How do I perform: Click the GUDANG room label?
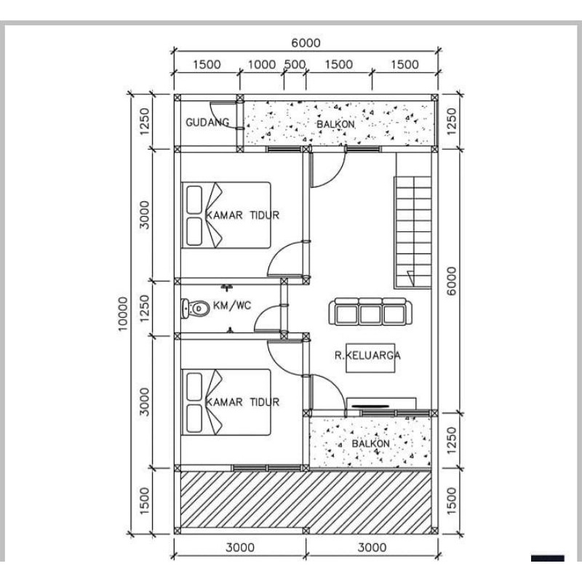pyautogui.click(x=207, y=122)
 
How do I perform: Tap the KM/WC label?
pyautogui.click(x=232, y=306)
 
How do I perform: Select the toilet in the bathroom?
pyautogui.click(x=196, y=308)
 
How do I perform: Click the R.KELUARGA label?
pyautogui.click(x=367, y=355)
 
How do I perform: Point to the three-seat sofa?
pyautogui.click(x=370, y=312)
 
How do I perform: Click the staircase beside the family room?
pyautogui.click(x=412, y=232)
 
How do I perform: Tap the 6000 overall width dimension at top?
pyautogui.click(x=306, y=43)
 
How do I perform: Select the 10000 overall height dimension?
pyautogui.click(x=122, y=314)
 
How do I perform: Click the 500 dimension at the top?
pyautogui.click(x=295, y=65)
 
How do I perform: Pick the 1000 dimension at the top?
pyautogui.click(x=262, y=65)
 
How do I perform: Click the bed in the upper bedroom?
pyautogui.click(x=226, y=215)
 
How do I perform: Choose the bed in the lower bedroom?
pyautogui.click(x=226, y=402)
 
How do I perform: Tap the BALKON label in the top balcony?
pyautogui.click(x=335, y=124)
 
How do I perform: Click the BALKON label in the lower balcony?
pyautogui.click(x=370, y=444)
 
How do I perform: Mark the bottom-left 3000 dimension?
pyautogui.click(x=240, y=547)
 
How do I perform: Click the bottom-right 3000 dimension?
pyautogui.click(x=372, y=547)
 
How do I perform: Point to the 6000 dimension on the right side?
pyautogui.click(x=451, y=281)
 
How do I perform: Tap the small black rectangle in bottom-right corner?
pyautogui.click(x=548, y=558)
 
